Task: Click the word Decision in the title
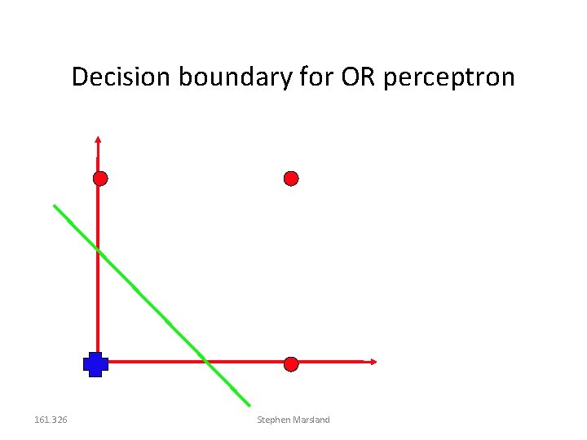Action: point(121,77)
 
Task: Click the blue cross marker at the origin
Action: point(95,364)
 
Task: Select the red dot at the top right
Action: point(291,178)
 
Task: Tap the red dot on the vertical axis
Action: point(99,178)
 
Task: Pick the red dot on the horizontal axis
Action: point(291,364)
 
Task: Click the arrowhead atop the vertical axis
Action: point(97,138)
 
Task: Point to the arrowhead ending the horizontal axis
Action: point(374,361)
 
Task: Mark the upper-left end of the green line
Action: point(55,205)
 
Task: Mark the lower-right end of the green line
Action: point(249,405)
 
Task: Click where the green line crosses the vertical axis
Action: point(98,249)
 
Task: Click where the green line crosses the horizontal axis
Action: point(206,361)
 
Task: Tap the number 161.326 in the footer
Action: point(51,420)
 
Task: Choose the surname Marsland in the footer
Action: point(312,420)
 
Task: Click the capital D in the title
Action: point(79,77)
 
